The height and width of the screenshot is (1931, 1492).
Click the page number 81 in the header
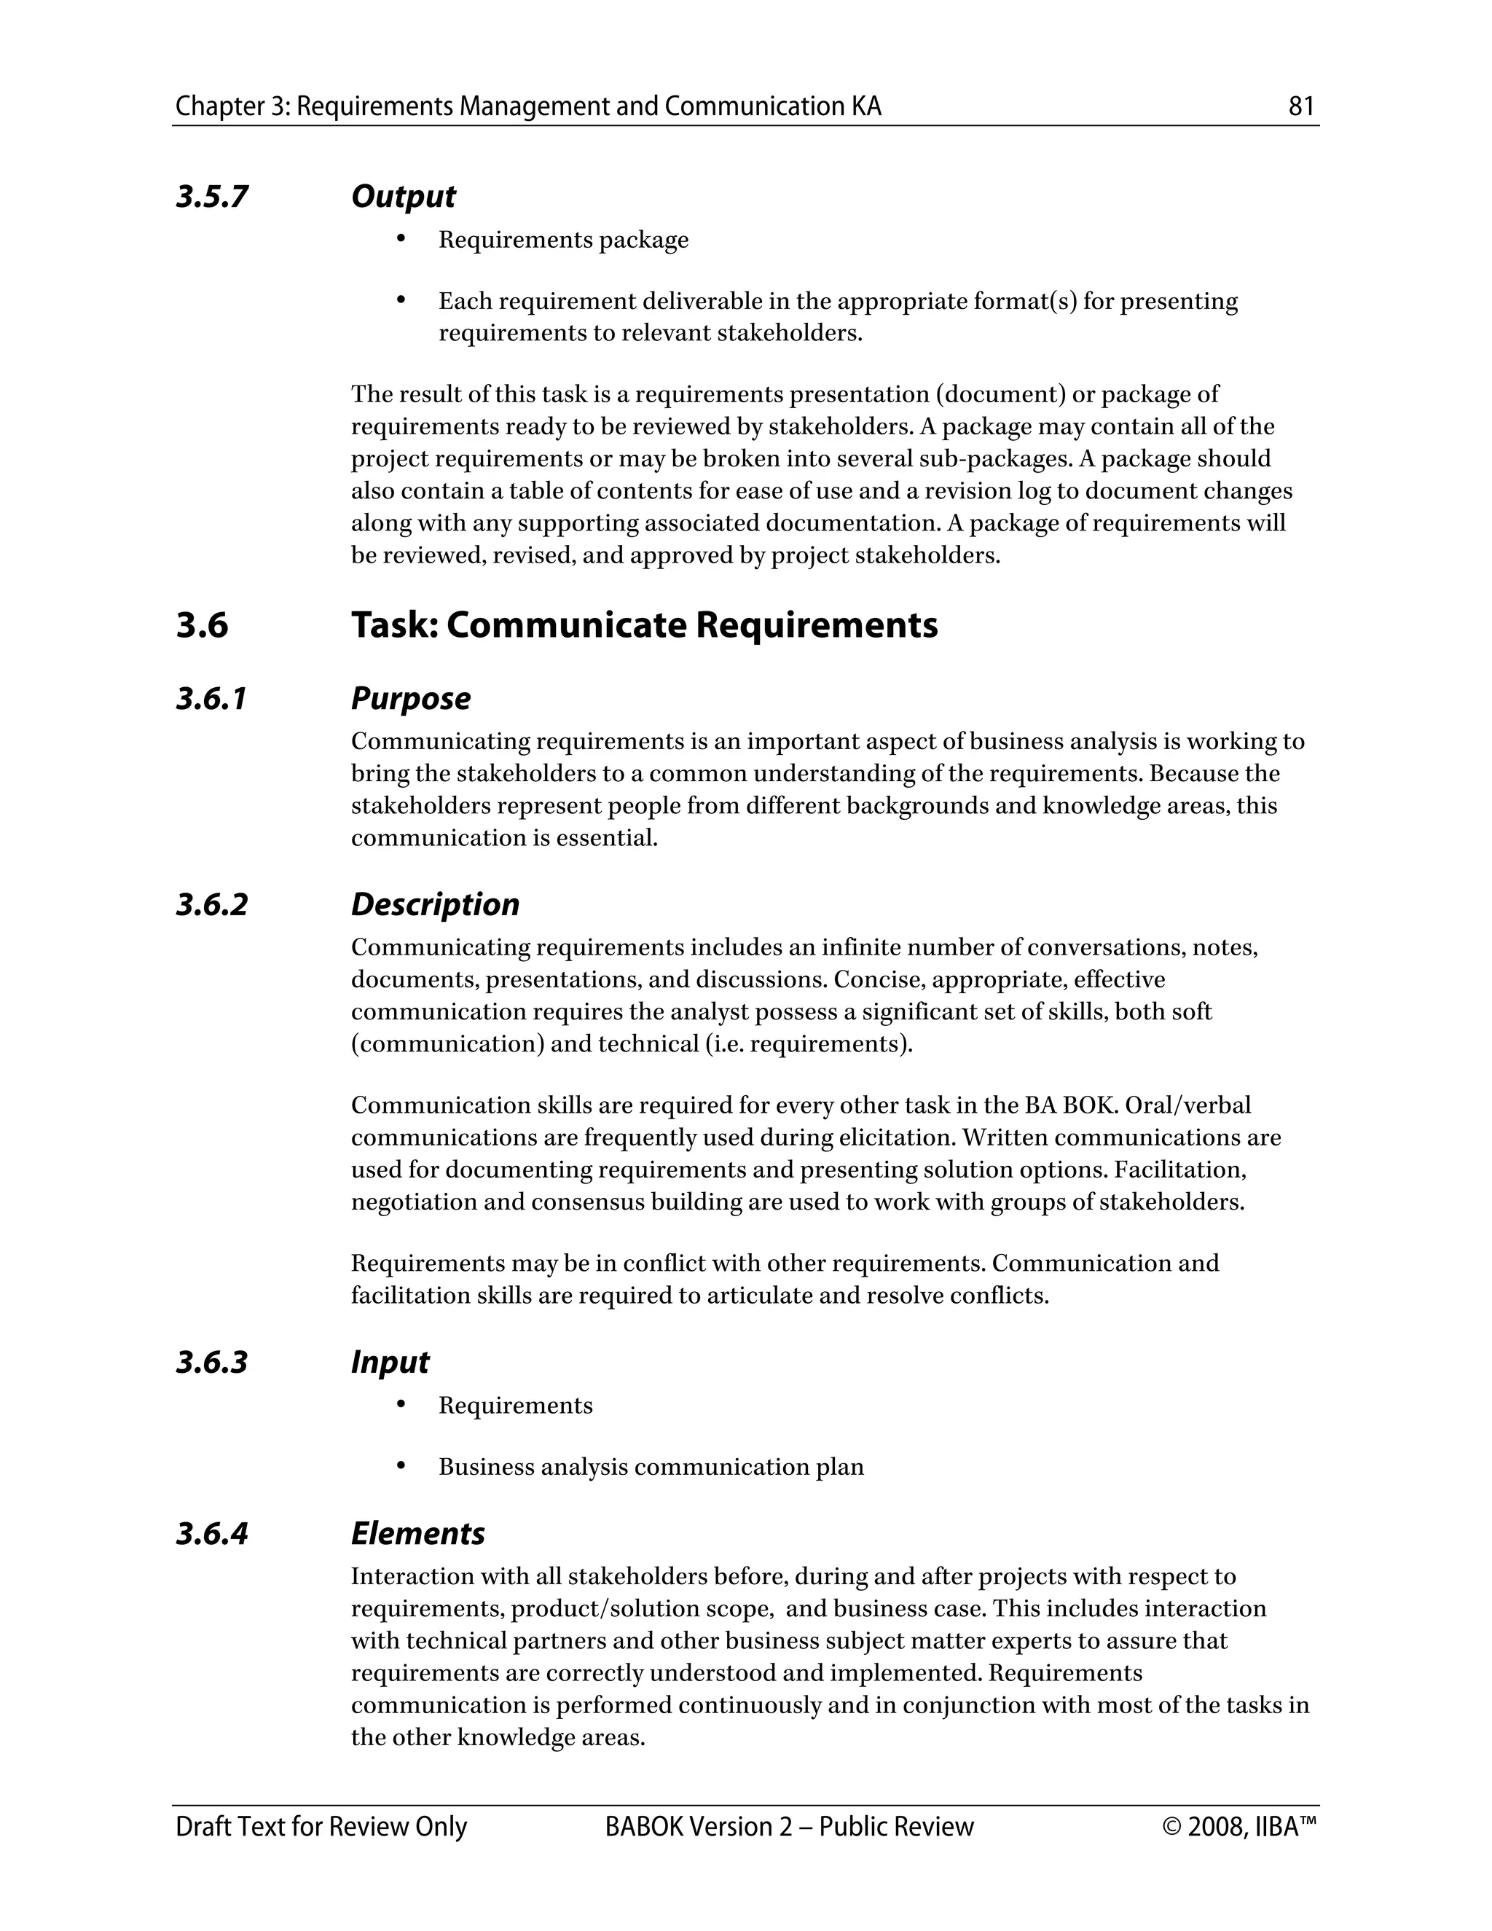(x=1301, y=107)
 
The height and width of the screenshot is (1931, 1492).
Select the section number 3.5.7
(x=211, y=196)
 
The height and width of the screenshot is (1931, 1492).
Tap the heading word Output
(x=403, y=196)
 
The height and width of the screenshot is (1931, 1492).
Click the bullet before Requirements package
(x=401, y=239)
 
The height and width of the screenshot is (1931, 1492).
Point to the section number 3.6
(x=202, y=625)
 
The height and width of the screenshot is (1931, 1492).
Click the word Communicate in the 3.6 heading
(x=565, y=625)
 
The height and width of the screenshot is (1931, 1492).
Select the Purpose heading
(x=410, y=699)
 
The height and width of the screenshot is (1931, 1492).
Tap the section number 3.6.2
(x=211, y=904)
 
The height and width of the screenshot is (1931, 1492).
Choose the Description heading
(x=435, y=904)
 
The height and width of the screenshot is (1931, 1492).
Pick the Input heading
(x=389, y=1363)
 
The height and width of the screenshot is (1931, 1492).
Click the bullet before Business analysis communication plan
(x=401, y=1466)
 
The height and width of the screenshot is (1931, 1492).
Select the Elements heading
(x=417, y=1533)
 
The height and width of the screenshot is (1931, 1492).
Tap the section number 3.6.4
(x=211, y=1533)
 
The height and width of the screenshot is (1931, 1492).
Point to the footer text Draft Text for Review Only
(x=321, y=1827)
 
